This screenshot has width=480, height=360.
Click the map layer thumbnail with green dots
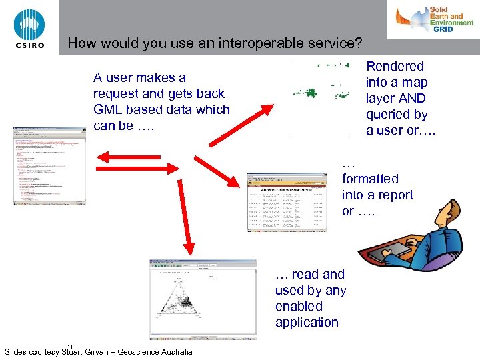321,100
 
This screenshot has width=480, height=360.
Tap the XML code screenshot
49,167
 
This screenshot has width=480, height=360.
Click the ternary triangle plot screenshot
203,300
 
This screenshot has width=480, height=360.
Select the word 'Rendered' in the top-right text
395,66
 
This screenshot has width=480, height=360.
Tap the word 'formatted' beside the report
370,179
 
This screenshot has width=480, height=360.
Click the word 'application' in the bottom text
307,323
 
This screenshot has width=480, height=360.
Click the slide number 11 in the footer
69,345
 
